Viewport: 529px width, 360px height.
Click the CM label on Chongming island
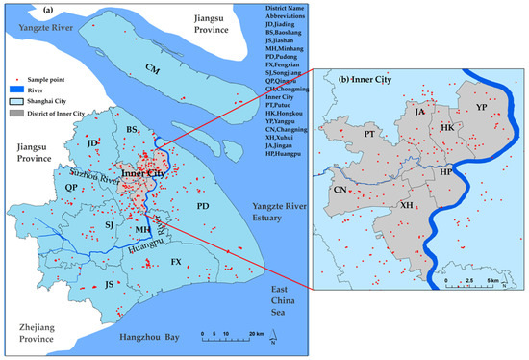(150, 68)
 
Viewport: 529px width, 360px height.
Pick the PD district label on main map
(203, 206)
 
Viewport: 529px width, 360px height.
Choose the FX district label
(176, 262)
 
